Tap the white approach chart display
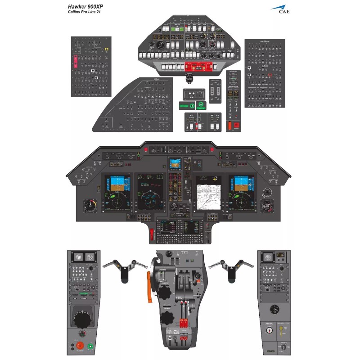(208, 193)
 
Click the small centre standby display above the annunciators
(175, 164)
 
